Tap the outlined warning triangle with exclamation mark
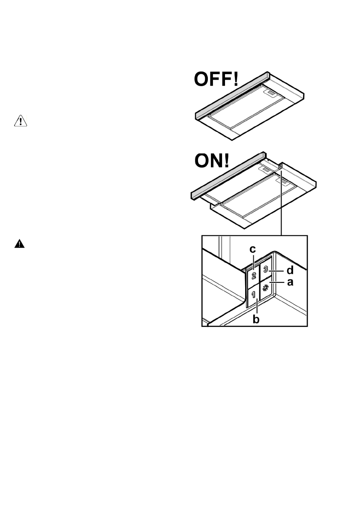20,121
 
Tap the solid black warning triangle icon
20,245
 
